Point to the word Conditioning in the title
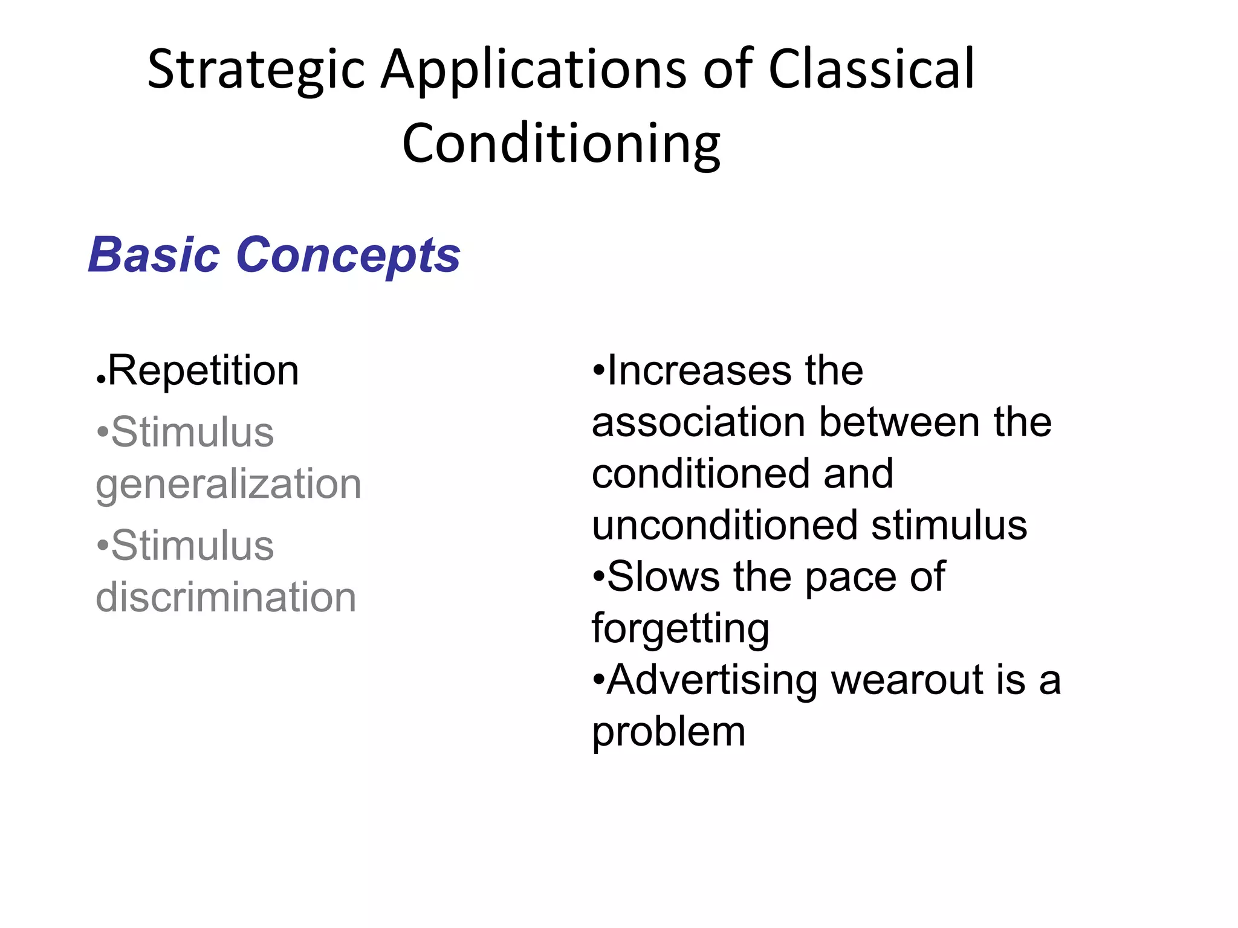pyautogui.click(x=561, y=144)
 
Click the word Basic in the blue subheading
pyautogui.click(x=154, y=255)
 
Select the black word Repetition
pyautogui.click(x=203, y=370)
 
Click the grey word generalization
pyautogui.click(x=228, y=485)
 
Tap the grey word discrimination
pyautogui.click(x=226, y=597)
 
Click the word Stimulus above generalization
pyautogui.click(x=192, y=433)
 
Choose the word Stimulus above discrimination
pyautogui.click(x=192, y=546)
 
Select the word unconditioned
pyautogui.click(x=725, y=525)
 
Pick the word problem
pyautogui.click(x=669, y=733)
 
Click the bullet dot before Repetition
pyautogui.click(x=101, y=381)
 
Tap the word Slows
pyautogui.click(x=663, y=576)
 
